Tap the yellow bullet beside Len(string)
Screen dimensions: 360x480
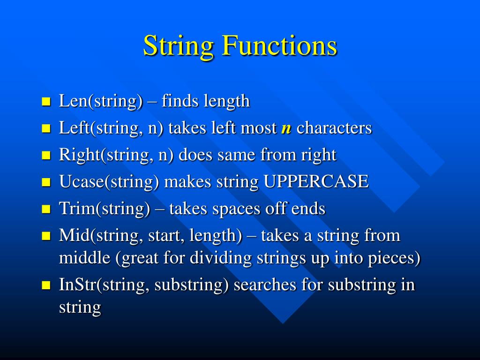(x=46, y=102)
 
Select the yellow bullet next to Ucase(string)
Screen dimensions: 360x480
(x=46, y=182)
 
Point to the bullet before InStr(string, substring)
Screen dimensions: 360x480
(x=46, y=285)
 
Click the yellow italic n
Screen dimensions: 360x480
(x=286, y=128)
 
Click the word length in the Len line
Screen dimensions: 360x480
(x=227, y=101)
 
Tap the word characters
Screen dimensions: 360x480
(x=334, y=128)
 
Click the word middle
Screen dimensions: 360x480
(x=87, y=258)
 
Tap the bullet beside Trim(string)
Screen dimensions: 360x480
(x=46, y=209)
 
